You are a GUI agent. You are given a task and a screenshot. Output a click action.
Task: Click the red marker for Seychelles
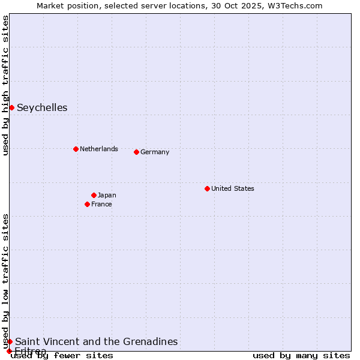coord(11,107)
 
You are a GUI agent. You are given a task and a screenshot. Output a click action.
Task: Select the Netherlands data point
coord(76,149)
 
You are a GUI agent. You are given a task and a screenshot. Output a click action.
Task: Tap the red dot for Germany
coord(136,152)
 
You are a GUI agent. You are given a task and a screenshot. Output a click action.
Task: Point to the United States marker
coord(207,188)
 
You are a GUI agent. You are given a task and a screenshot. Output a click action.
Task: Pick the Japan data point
coord(94,195)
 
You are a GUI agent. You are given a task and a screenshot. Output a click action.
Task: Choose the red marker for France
coord(87,204)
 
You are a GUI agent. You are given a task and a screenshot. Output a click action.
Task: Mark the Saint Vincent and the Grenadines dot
coord(10,341)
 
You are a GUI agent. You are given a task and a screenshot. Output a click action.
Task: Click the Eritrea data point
coord(9,351)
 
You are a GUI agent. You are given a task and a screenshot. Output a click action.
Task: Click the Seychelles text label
coord(42,108)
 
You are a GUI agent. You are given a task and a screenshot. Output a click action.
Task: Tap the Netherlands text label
coord(98,149)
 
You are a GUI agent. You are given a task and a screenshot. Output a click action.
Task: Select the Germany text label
coord(155,152)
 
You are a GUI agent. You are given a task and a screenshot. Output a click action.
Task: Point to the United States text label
coord(232,188)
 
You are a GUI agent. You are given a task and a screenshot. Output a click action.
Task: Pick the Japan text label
coord(107,195)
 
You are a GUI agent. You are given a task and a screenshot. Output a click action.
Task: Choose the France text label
coord(101,204)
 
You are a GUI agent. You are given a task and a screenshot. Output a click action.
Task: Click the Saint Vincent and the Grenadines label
coord(96,341)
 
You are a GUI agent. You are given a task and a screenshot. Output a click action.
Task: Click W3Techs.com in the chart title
coord(294,5)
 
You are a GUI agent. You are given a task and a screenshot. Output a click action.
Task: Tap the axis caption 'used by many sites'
coord(301,355)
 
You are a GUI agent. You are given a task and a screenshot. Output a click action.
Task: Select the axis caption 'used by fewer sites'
coord(62,355)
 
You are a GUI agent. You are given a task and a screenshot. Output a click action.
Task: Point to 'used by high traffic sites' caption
coord(5,85)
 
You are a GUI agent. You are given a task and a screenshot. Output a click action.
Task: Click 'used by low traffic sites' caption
coord(5,281)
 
